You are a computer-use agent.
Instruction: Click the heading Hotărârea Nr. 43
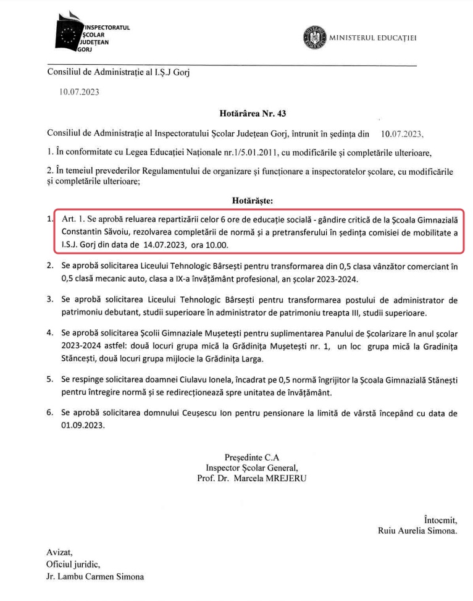[252, 114]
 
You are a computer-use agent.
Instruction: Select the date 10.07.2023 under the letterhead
[78, 93]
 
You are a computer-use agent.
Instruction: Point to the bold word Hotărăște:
[252, 201]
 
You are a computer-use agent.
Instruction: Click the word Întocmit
[440, 519]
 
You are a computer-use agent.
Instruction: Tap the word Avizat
[59, 552]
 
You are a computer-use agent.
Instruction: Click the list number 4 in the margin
[49, 333]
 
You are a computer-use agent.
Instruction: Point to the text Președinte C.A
[252, 457]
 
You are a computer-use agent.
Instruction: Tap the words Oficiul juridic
[72, 565]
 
